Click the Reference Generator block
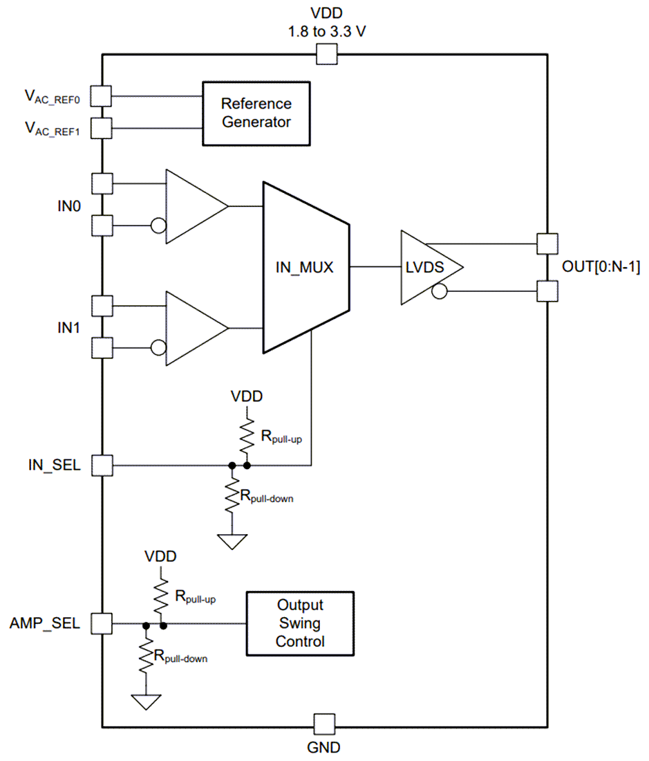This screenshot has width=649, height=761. (256, 113)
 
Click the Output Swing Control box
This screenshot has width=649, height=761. (300, 623)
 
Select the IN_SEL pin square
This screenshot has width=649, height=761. (102, 465)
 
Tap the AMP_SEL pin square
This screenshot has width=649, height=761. (102, 623)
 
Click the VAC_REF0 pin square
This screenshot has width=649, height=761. (102, 96)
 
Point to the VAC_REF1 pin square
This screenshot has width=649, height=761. (102, 127)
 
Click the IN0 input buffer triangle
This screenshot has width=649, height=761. (194, 206)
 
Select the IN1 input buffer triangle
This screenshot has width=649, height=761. (194, 328)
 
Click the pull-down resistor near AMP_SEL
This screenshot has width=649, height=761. (146, 654)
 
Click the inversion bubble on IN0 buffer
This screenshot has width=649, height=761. (158, 226)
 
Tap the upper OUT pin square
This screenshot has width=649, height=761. (547, 243)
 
